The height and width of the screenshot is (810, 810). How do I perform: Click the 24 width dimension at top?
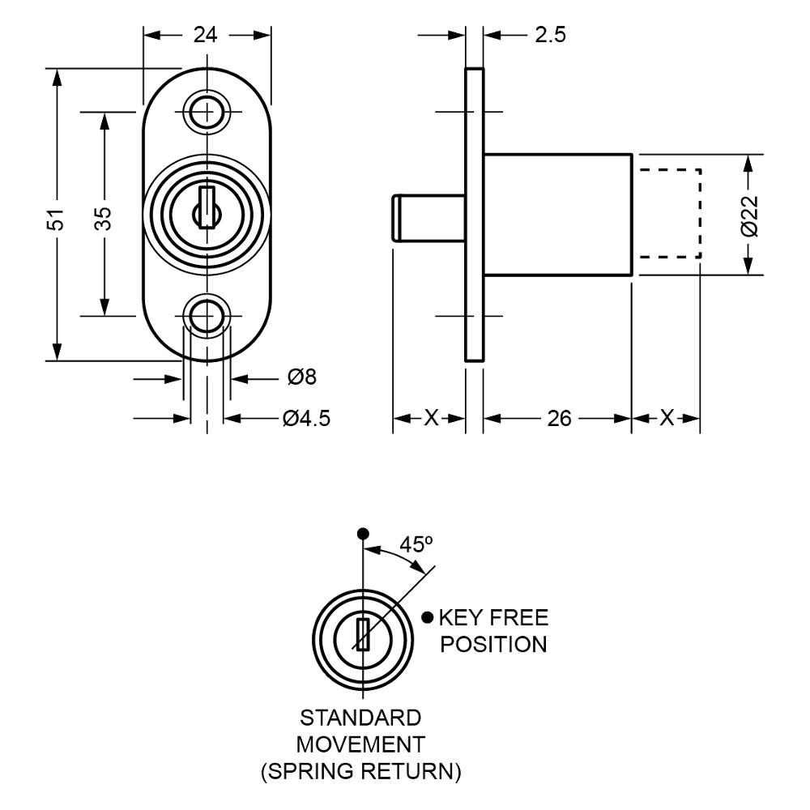click(x=207, y=35)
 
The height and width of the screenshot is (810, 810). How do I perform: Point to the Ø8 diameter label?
click(x=302, y=377)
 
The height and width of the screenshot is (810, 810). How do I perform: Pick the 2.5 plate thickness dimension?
click(x=550, y=34)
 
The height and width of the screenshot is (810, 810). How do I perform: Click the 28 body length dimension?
click(x=558, y=419)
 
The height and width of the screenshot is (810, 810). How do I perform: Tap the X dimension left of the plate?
click(x=429, y=419)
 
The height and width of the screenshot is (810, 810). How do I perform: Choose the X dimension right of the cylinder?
click(x=666, y=419)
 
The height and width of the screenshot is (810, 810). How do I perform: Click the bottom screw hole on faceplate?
click(x=207, y=314)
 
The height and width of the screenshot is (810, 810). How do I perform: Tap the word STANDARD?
click(x=361, y=718)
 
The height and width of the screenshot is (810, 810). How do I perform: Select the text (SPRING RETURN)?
click(x=361, y=770)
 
